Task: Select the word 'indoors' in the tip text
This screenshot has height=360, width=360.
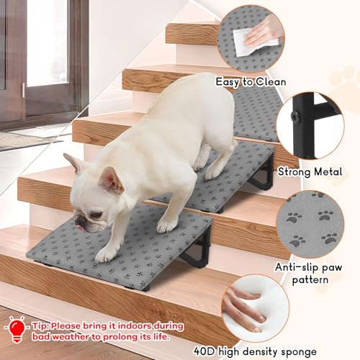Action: click(150, 325)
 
